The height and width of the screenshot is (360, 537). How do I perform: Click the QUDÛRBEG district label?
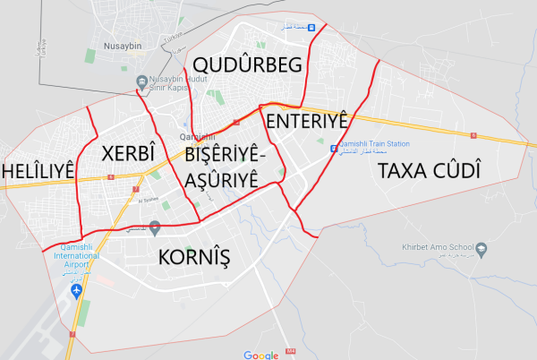click(x=243, y=65)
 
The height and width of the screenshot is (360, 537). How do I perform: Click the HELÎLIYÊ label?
click(x=38, y=170)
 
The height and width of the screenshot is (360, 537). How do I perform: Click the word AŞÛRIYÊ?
click(x=223, y=179)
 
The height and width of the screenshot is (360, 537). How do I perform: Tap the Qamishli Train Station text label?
click(x=374, y=144)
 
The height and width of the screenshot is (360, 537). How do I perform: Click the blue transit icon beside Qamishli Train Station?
click(x=333, y=148)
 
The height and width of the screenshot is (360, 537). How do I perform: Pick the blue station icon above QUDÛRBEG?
click(x=311, y=27)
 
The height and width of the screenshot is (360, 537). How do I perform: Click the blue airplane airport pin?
click(x=74, y=292)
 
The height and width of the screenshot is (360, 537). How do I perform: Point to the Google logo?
click(x=261, y=355)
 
